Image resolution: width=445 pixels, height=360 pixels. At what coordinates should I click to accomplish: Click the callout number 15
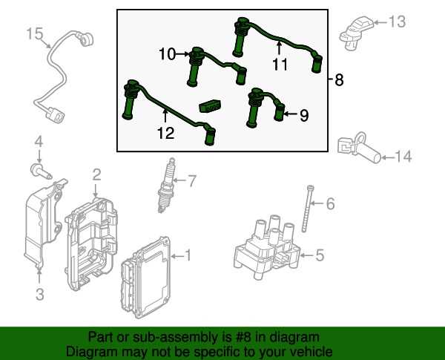tap(34, 34)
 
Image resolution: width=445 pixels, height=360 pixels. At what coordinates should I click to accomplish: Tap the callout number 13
tap(397, 22)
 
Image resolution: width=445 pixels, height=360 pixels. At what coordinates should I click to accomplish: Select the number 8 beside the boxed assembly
tap(339, 79)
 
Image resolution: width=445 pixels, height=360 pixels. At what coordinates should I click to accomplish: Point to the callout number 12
tap(165, 133)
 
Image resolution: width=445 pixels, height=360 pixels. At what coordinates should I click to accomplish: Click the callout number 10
tap(168, 54)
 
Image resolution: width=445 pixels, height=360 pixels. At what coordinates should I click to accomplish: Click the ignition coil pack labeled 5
tap(267, 247)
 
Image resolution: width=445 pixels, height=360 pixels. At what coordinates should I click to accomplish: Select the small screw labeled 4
tap(41, 171)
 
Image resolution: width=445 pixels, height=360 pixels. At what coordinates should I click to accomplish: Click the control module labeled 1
tap(145, 277)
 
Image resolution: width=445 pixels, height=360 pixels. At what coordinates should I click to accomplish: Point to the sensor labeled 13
tap(357, 33)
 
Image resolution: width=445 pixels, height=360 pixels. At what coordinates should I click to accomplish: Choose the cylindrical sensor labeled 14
tap(359, 148)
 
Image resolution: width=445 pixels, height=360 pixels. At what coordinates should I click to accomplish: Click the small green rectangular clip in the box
tap(211, 105)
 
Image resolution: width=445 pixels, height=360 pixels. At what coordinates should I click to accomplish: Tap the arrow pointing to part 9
tap(291, 114)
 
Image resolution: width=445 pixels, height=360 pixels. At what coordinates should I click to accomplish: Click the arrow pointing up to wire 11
tap(280, 48)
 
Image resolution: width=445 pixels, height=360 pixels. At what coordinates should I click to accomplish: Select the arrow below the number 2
tap(96, 191)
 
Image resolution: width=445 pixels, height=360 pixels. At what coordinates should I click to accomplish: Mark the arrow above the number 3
tap(39, 275)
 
